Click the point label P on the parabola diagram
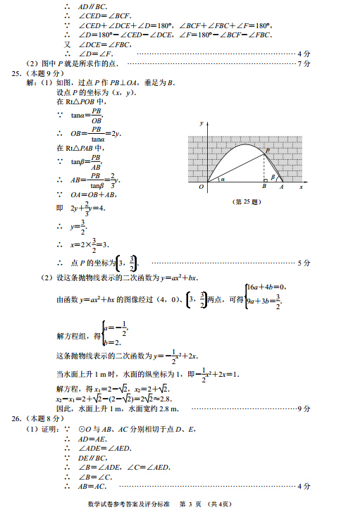[268, 150]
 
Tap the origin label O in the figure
[201, 187]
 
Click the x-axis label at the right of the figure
[301, 187]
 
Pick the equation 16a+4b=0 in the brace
[265, 287]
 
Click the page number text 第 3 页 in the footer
[191, 503]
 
